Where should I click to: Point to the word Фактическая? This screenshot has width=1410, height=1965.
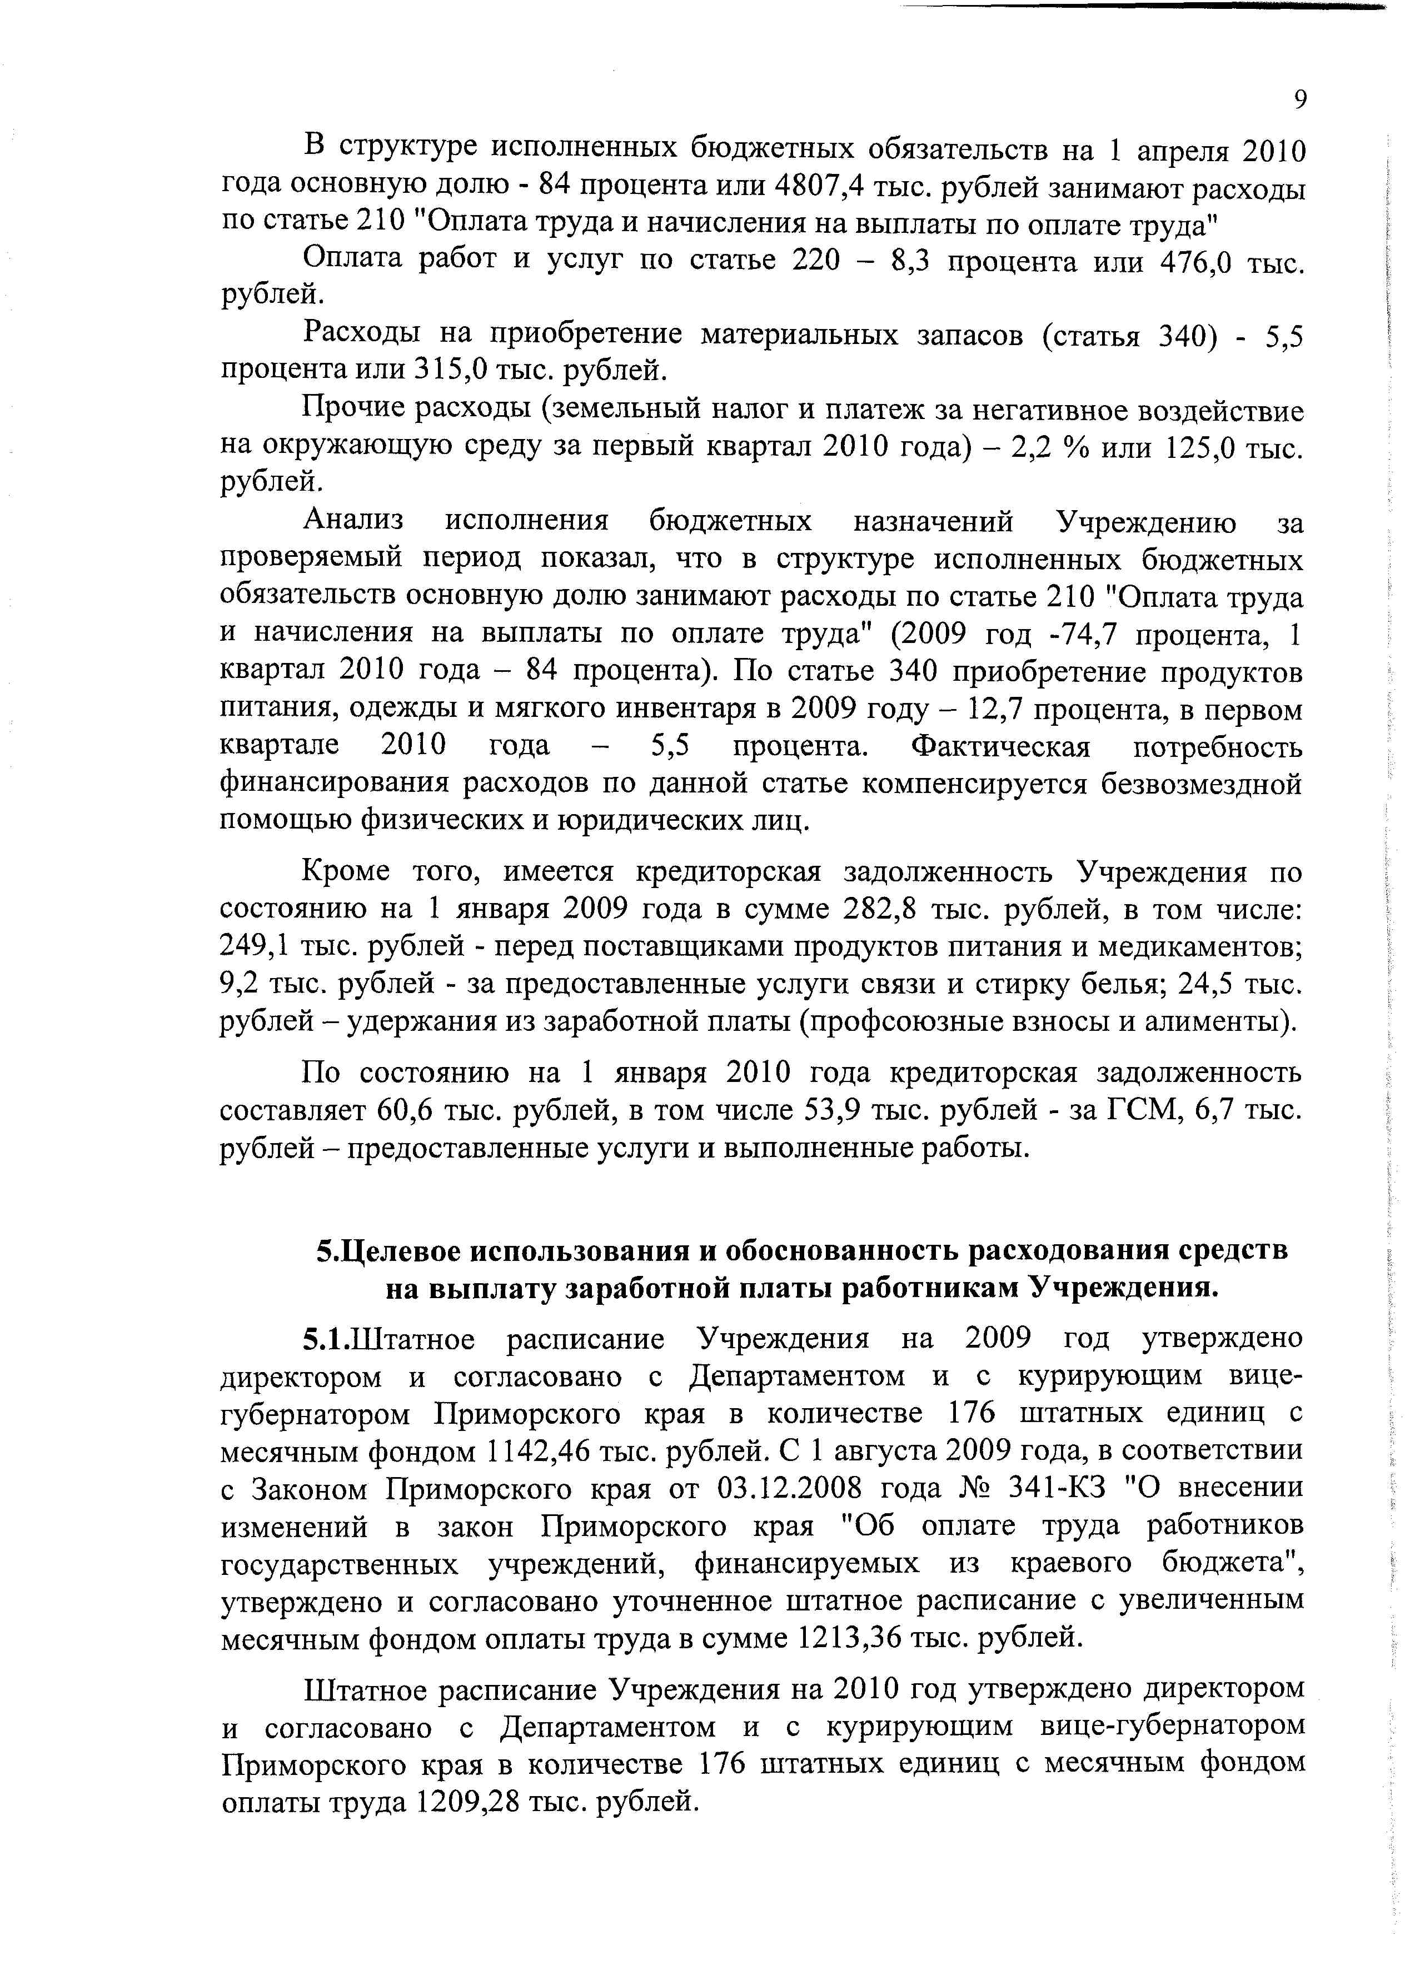click(x=1001, y=747)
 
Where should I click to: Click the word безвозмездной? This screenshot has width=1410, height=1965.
click(x=1203, y=784)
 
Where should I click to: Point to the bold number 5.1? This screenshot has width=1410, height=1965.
click(x=325, y=1339)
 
